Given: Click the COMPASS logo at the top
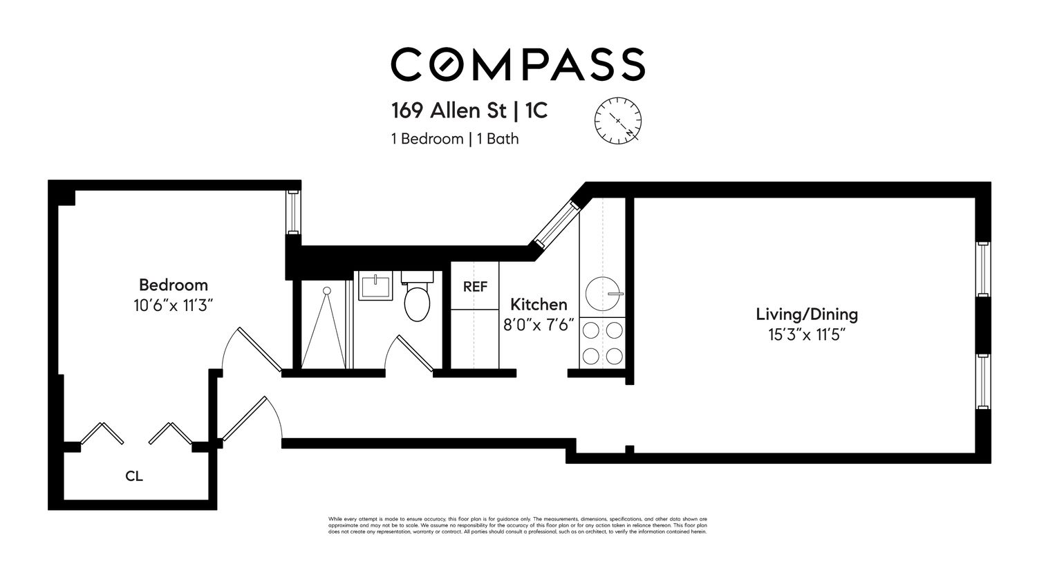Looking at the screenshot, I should (518, 64).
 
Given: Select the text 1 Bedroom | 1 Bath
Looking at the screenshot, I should (454, 139).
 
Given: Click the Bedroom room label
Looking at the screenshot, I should (173, 285).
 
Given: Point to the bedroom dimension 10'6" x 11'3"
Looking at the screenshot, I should (173, 305).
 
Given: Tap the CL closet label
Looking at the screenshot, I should (134, 476).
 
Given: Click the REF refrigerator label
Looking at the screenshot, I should (475, 286).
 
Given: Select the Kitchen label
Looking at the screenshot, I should (539, 304).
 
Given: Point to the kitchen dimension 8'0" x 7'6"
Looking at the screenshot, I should (539, 324).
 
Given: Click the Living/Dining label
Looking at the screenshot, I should (806, 314).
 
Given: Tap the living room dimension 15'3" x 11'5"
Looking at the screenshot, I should (806, 334).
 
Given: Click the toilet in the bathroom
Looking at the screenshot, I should (417, 299).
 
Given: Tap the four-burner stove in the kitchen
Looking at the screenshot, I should (602, 343).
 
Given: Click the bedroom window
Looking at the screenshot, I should (293, 211).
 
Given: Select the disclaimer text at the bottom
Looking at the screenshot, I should (517, 525).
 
